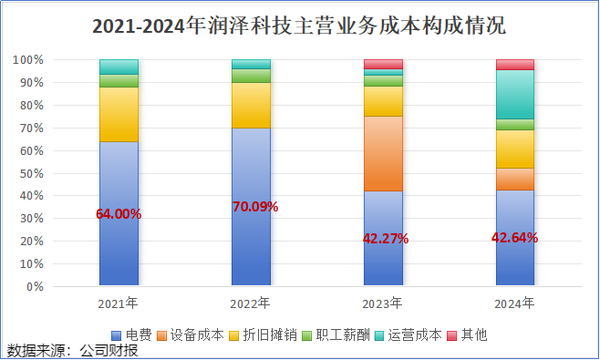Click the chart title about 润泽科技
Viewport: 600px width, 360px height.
[x=299, y=26]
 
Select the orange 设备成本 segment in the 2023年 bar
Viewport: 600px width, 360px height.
[x=383, y=153]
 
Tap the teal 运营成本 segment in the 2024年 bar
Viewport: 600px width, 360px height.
[x=515, y=95]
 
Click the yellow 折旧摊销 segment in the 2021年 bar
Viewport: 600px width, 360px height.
[x=119, y=114]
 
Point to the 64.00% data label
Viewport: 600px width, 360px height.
[x=119, y=214]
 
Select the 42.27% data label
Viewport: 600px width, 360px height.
[x=386, y=239]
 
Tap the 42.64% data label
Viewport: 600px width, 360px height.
[x=515, y=238]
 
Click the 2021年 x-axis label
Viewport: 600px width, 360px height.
[x=119, y=303]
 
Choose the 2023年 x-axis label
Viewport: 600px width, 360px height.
[x=383, y=303]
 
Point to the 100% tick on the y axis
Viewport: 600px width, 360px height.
[x=27, y=60]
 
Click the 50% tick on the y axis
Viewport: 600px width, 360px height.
[x=30, y=173]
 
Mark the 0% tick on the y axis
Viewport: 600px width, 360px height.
[x=34, y=286]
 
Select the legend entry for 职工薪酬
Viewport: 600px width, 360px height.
[x=346, y=334]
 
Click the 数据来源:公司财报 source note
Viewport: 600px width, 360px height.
[x=72, y=350]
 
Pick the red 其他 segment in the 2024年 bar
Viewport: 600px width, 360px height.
[x=515, y=65]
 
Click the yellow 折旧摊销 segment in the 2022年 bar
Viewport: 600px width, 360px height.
[x=251, y=105]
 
